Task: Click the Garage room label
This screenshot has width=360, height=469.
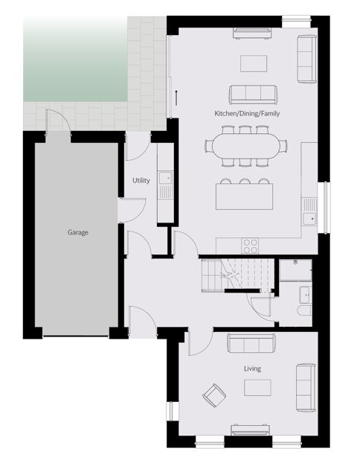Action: [x=77, y=232]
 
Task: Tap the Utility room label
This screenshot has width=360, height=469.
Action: [x=141, y=180]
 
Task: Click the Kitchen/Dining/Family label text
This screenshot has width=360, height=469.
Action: [x=247, y=113]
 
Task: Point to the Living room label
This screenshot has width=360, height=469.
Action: [x=252, y=368]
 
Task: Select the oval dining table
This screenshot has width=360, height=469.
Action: [x=246, y=146]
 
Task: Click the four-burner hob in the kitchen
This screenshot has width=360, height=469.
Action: [x=250, y=246]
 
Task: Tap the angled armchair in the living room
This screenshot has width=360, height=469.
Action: [x=214, y=395]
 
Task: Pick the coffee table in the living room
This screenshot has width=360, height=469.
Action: [x=257, y=388]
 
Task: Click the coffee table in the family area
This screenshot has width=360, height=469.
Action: [x=254, y=63]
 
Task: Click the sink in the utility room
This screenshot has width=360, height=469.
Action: [x=165, y=178]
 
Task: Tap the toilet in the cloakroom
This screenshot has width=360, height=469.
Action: [x=305, y=310]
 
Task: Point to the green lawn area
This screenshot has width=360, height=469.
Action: [x=75, y=59]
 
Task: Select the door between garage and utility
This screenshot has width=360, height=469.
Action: [x=132, y=210]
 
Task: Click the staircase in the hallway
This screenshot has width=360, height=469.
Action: [x=238, y=275]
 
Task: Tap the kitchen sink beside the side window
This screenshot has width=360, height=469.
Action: [x=309, y=219]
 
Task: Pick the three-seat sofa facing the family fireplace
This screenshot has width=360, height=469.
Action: [x=253, y=95]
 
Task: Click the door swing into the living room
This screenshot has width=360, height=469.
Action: [x=200, y=341]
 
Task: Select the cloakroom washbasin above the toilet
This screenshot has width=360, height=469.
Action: [x=306, y=294]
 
